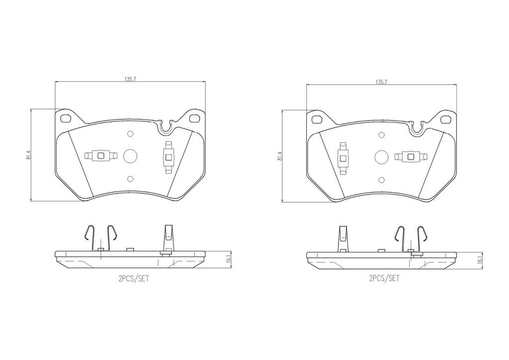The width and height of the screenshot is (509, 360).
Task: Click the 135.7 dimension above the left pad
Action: pyautogui.click(x=130, y=79)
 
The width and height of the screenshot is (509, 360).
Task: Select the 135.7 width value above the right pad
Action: pyautogui.click(x=381, y=81)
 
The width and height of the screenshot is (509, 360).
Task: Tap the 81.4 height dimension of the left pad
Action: pyautogui.click(x=29, y=156)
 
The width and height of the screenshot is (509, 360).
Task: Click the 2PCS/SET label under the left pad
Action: pyautogui.click(x=133, y=279)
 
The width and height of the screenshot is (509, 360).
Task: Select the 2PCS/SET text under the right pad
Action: pyautogui.click(x=384, y=279)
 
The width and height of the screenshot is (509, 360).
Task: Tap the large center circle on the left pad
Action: pyautogui.click(x=130, y=156)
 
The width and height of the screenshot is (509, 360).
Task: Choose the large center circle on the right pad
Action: pyautogui.click(x=381, y=157)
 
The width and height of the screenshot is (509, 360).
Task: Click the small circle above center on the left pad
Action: pyautogui.click(x=130, y=134)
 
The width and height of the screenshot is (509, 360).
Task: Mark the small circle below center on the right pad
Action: pyautogui.click(x=381, y=180)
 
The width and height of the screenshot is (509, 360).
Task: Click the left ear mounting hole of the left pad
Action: pyautogui.click(x=65, y=118)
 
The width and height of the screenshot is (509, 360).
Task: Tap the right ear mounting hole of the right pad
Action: pyautogui.click(x=446, y=119)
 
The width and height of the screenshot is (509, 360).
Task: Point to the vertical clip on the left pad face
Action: pyautogui.click(x=169, y=158)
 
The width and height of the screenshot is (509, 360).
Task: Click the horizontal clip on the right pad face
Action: pyautogui.click(x=411, y=157)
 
